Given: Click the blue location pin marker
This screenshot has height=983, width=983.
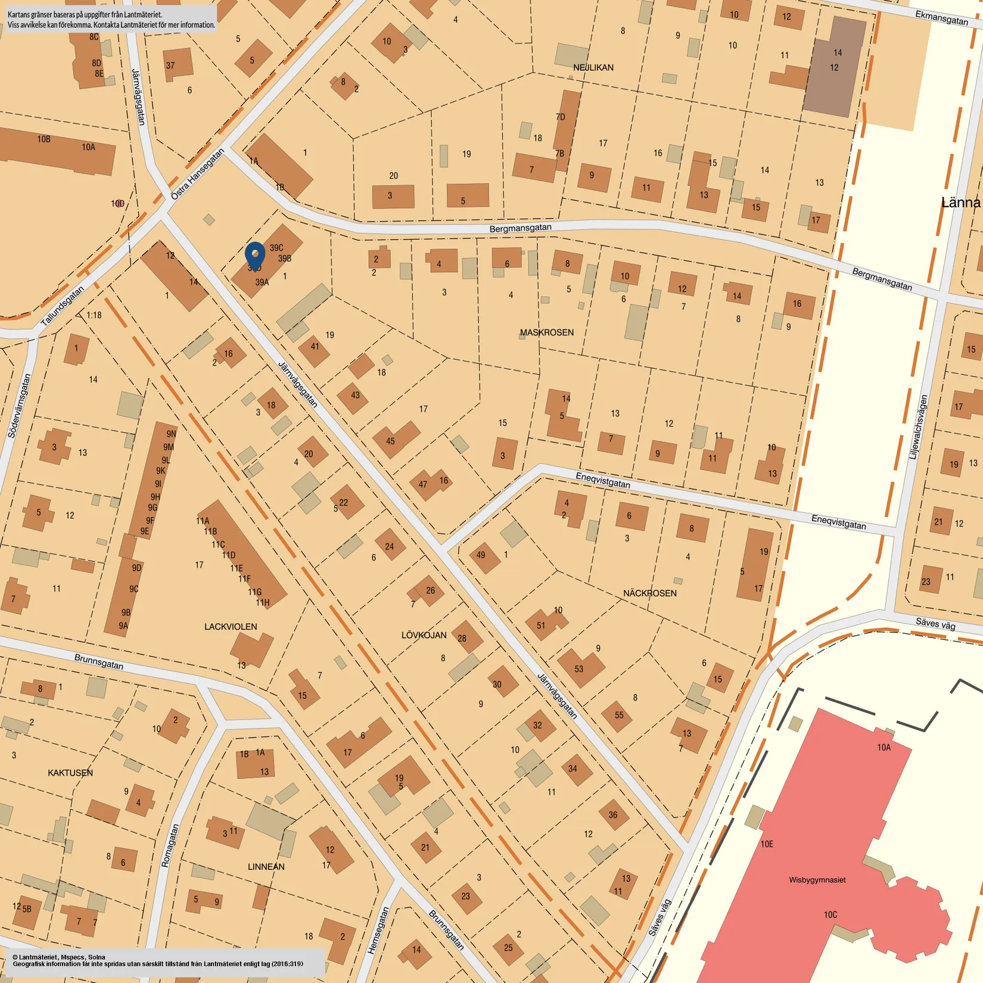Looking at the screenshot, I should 255,256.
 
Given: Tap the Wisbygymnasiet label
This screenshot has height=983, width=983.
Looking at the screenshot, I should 817,880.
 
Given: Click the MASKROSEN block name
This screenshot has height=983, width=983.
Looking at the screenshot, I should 546,332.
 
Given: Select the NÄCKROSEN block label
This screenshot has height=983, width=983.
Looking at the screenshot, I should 649,593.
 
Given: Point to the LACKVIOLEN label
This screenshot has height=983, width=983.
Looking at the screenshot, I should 231,627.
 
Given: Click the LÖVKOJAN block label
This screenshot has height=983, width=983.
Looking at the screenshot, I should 424,635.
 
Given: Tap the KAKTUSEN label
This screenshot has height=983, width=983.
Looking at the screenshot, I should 70,773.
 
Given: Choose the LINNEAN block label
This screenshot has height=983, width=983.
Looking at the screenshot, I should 266,867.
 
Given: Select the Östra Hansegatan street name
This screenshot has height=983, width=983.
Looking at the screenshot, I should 197,174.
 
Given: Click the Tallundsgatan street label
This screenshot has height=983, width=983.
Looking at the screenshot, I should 63,306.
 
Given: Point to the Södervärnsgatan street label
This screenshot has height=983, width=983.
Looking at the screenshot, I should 19,406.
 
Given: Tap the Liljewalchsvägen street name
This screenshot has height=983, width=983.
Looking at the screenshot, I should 918,427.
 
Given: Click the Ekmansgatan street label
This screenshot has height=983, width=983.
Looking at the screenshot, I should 941,18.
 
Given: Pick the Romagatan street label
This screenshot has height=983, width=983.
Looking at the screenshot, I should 170,845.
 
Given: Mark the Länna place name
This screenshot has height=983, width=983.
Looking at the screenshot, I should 960,203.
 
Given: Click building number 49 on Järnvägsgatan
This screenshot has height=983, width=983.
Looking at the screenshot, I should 481,555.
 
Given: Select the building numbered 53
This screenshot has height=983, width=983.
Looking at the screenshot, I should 579,669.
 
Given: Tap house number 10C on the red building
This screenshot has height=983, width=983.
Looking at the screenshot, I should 830,914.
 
